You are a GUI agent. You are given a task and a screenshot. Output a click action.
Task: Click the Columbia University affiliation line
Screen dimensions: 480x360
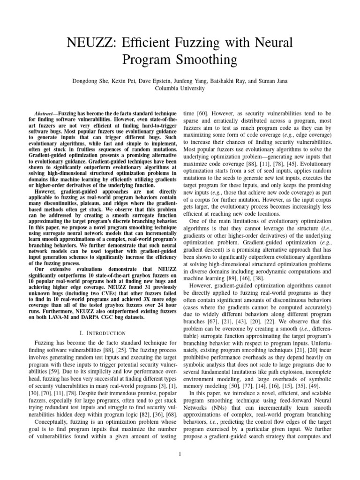tap(180, 88)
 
